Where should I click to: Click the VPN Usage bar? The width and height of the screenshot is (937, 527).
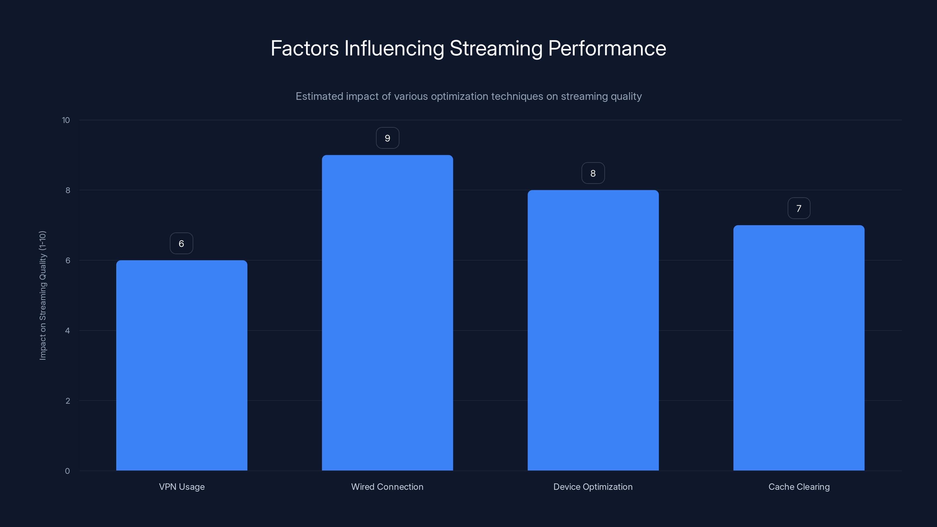click(182, 365)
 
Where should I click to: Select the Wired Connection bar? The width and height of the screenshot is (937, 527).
click(387, 313)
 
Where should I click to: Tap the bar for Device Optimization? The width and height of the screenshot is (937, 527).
click(593, 330)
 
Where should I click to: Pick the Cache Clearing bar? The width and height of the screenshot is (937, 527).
click(798, 348)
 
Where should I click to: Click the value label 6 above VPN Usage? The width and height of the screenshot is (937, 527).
click(181, 244)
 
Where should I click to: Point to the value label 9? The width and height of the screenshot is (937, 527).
click(387, 138)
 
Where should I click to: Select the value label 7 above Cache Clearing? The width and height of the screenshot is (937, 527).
click(798, 208)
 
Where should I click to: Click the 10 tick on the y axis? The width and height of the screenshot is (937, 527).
click(66, 120)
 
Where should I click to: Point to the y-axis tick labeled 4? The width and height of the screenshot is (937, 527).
click(67, 331)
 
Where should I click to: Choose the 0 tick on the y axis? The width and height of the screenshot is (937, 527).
click(67, 471)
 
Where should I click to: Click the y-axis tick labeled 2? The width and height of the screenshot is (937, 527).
click(67, 401)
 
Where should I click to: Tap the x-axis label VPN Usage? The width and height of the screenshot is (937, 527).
click(182, 487)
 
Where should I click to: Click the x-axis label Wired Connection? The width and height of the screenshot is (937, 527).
click(387, 487)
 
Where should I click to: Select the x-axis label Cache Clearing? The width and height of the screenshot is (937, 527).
click(799, 487)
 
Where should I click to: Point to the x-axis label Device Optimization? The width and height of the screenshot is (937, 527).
click(593, 487)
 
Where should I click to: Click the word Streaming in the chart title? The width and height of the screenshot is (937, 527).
click(496, 48)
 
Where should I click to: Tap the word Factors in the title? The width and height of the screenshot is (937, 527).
click(305, 48)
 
